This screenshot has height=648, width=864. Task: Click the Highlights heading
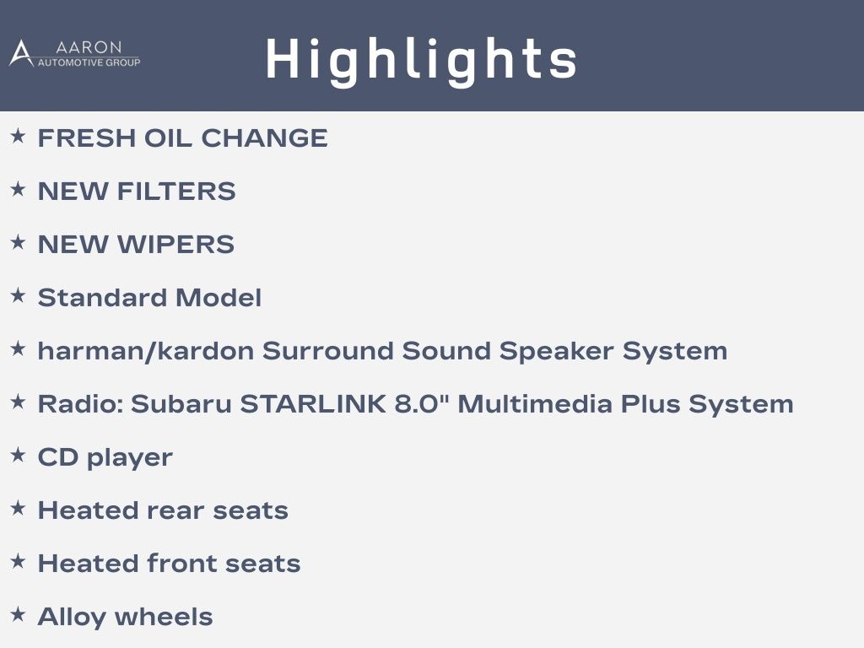click(x=422, y=61)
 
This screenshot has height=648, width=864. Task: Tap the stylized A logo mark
click(x=21, y=53)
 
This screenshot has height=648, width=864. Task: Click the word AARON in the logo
click(x=89, y=47)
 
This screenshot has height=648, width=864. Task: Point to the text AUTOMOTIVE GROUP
click(x=89, y=62)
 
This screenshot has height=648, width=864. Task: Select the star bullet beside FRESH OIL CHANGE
click(x=19, y=136)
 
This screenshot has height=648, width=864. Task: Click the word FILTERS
click(x=176, y=192)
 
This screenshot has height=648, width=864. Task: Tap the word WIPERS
click(x=175, y=244)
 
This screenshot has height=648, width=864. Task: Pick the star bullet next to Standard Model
click(x=19, y=295)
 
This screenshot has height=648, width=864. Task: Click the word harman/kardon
click(x=145, y=351)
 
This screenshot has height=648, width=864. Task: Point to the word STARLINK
click(x=313, y=404)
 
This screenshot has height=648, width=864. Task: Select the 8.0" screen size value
click(x=422, y=403)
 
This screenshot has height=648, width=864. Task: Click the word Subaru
click(x=181, y=404)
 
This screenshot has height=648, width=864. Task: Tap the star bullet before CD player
click(x=19, y=455)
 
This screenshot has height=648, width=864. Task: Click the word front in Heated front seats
click(x=182, y=563)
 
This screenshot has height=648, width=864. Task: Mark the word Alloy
click(x=70, y=617)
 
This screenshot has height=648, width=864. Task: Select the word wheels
click(x=164, y=617)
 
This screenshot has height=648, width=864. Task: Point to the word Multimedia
click(x=534, y=404)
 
